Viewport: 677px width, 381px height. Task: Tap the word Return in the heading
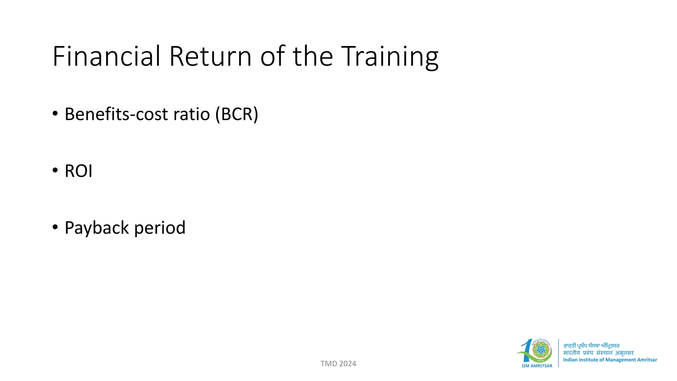tap(211, 56)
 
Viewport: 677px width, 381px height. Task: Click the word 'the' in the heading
tap(313, 56)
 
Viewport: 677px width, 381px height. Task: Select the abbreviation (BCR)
tap(237, 114)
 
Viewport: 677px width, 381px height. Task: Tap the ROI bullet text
tap(78, 171)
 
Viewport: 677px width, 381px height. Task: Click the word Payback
tap(97, 228)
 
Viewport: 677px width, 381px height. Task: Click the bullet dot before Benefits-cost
tap(55, 113)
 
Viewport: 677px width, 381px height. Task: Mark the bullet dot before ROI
tap(55, 170)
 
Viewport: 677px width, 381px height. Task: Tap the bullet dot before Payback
tap(55, 227)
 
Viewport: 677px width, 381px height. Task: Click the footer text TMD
tap(329, 364)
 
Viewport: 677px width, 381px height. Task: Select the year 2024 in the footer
tap(347, 364)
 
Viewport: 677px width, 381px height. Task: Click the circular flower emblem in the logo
tap(541, 350)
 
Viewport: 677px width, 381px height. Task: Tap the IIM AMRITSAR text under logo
tap(537, 366)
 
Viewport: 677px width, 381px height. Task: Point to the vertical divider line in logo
tap(558, 353)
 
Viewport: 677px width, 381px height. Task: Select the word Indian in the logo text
tap(570, 360)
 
